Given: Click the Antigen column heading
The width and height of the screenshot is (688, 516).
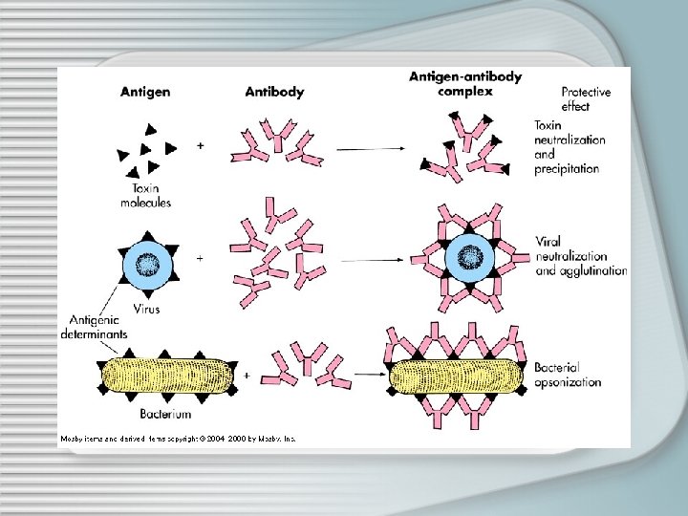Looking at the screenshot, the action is click(x=145, y=92).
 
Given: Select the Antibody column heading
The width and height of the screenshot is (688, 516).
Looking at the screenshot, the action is click(x=274, y=92).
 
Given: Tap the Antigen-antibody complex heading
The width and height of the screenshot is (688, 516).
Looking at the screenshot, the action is click(x=464, y=84).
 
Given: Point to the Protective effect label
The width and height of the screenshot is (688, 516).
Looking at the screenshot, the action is click(x=586, y=99).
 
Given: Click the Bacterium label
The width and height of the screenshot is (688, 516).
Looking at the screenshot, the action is click(x=165, y=414).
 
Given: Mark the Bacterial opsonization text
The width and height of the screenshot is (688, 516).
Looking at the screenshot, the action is click(x=568, y=375).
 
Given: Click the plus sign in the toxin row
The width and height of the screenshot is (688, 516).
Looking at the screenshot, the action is click(x=199, y=146).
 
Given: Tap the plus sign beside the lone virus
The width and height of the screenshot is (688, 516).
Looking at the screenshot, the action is click(x=199, y=258).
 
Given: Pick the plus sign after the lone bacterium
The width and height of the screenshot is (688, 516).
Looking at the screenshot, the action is click(x=247, y=376).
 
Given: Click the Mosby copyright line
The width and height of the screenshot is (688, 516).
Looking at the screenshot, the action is click(x=179, y=439).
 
